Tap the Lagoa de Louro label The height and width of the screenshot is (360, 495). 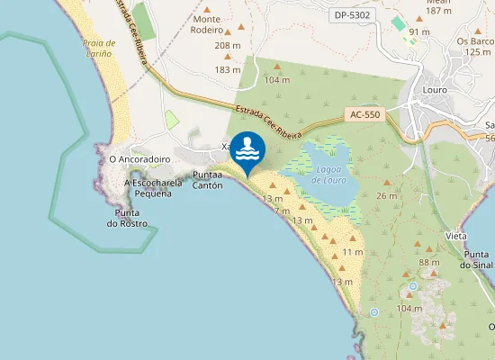click(328, 175)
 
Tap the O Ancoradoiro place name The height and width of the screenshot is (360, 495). click(139, 158)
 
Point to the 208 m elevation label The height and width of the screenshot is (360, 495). click(227, 46)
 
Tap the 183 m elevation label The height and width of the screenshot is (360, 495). click(227, 69)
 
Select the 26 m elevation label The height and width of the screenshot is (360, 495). click(387, 195)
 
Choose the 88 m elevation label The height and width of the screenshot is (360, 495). click(429, 262)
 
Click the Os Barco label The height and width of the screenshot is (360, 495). click(473, 40)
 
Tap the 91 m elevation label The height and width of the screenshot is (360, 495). click(419, 31)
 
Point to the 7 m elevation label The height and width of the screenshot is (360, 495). click(282, 210)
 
